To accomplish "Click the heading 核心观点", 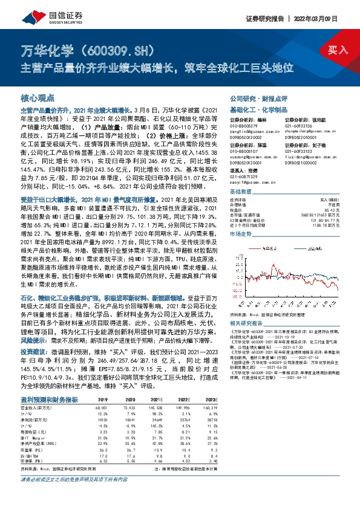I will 38,97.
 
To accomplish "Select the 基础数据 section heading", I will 243,190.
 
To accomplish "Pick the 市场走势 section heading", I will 243,232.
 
